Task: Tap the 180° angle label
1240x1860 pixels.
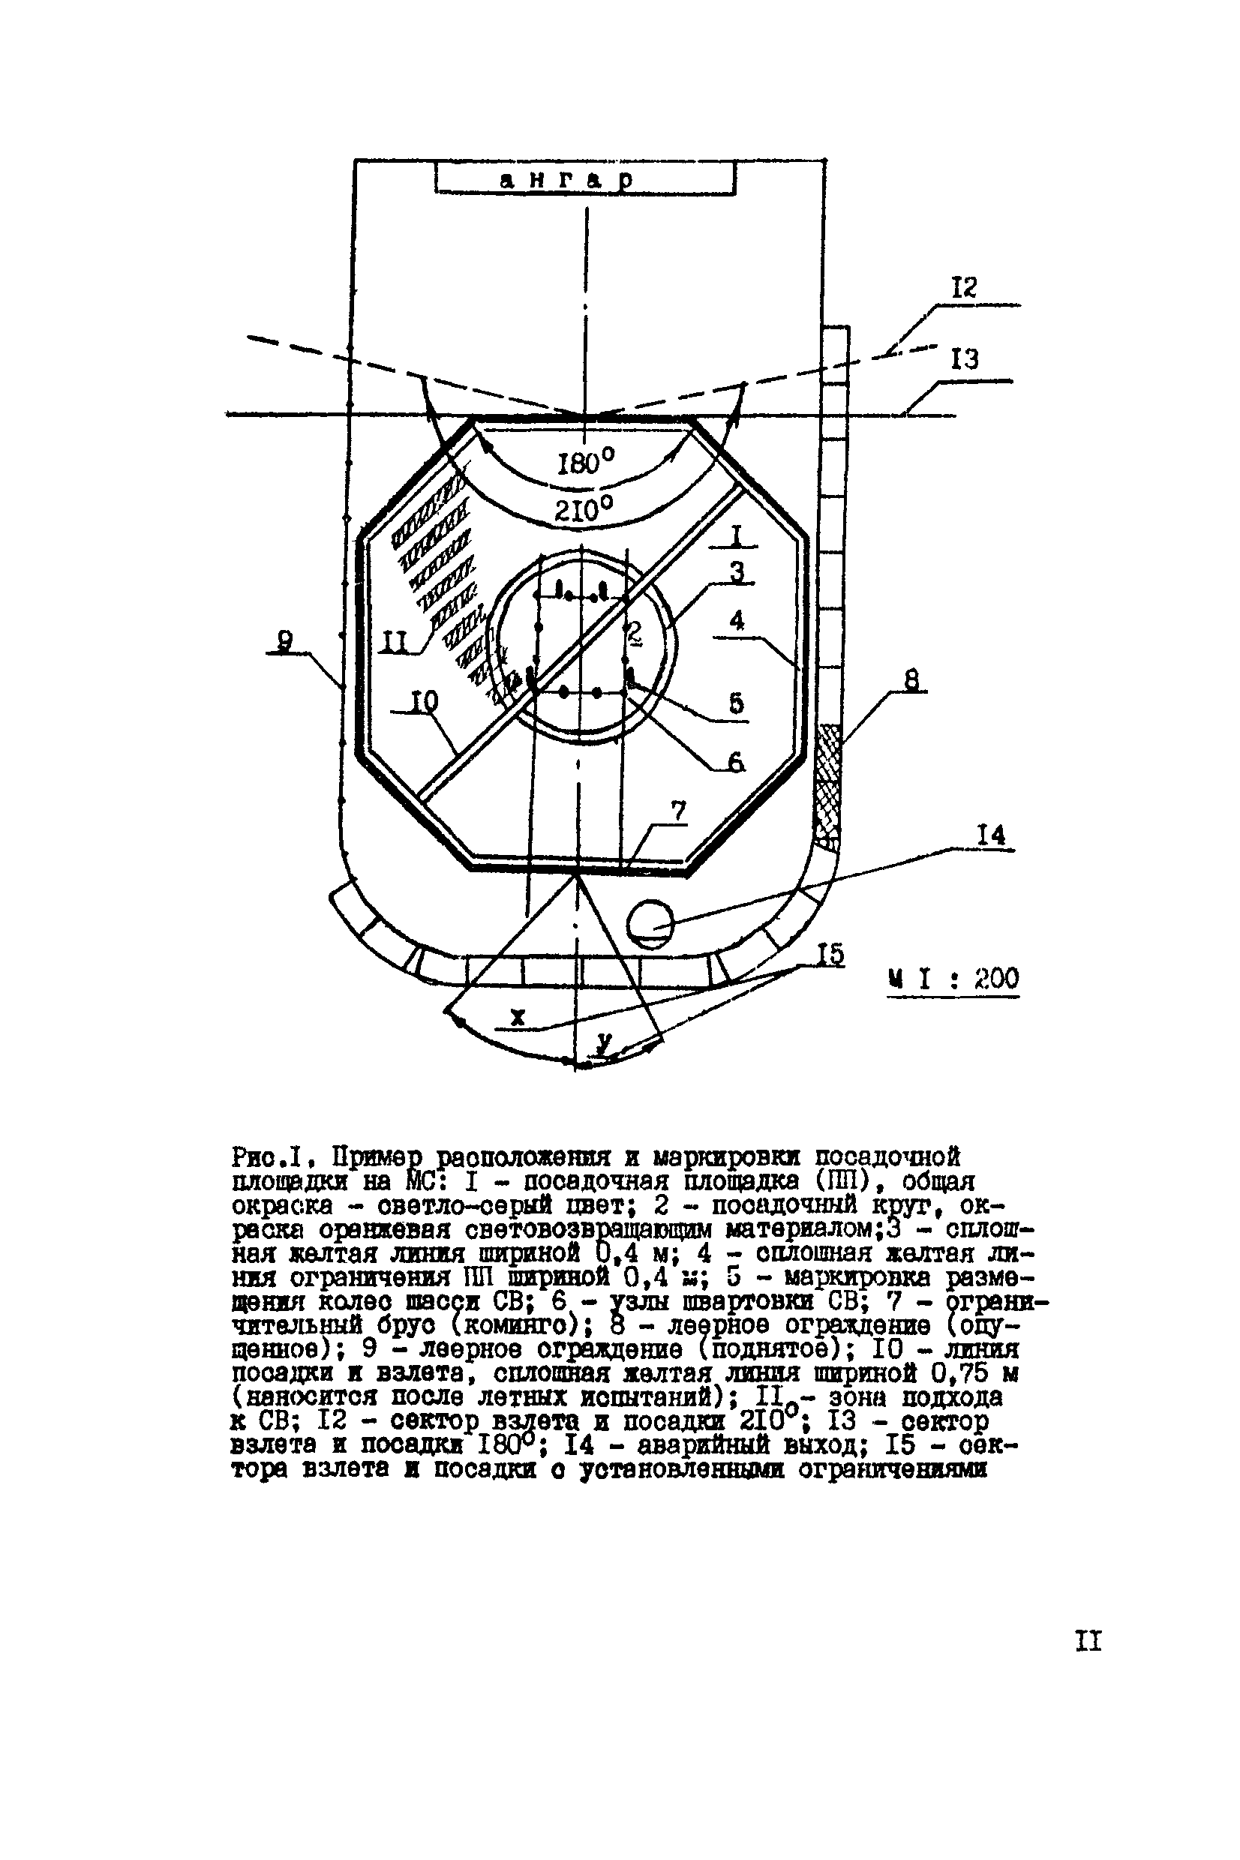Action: [x=586, y=462]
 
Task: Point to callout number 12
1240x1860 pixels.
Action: [x=963, y=288]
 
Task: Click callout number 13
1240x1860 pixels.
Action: [x=964, y=360]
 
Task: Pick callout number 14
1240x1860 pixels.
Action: [x=991, y=835]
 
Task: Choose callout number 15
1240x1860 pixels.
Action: [x=830, y=955]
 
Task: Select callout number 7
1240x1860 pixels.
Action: [x=677, y=811]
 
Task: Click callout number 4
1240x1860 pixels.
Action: [x=737, y=620]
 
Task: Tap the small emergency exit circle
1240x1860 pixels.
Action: [x=650, y=922]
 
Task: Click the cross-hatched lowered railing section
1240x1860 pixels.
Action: [x=829, y=782]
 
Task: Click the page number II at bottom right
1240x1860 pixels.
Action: [x=1088, y=1640]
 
